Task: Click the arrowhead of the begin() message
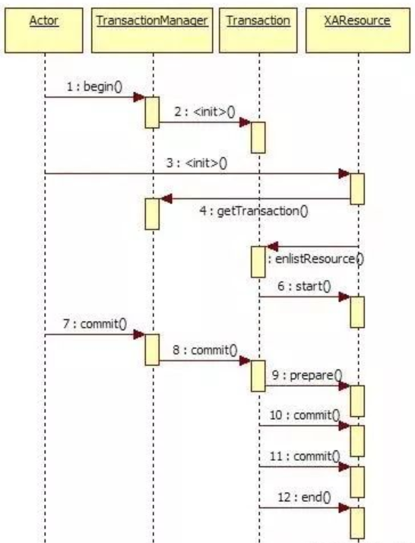coord(140,97)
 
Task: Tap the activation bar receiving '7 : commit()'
coord(152,348)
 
